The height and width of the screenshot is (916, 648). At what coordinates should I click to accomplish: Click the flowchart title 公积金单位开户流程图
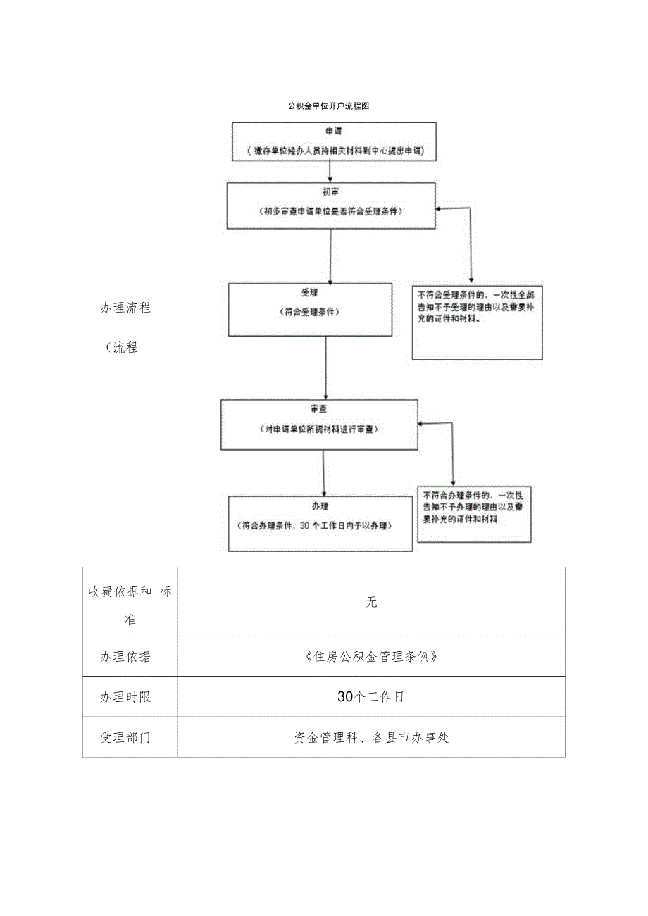click(x=328, y=107)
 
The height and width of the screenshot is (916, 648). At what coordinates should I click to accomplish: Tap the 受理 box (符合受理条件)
click(x=310, y=309)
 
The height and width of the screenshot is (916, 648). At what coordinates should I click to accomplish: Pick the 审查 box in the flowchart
click(x=319, y=425)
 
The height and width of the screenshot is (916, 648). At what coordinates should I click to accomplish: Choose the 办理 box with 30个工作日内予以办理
click(x=320, y=523)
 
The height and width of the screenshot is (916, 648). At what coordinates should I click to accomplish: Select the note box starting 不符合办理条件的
click(x=474, y=514)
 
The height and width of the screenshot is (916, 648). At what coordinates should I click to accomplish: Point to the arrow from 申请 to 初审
click(x=330, y=172)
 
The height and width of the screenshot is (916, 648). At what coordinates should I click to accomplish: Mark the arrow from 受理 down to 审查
click(x=325, y=367)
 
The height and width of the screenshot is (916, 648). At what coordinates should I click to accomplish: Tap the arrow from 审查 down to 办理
click(x=323, y=472)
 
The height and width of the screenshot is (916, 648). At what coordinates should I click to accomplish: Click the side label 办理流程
click(x=125, y=308)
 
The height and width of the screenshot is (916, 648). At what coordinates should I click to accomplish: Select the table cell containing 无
click(x=371, y=602)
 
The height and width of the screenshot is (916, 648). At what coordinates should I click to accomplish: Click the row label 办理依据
click(x=125, y=656)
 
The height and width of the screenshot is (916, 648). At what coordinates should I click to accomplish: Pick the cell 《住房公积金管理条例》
click(x=371, y=656)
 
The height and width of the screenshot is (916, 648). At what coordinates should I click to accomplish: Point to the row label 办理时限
click(x=125, y=697)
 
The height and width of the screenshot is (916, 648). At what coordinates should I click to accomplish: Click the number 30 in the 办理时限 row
click(x=344, y=697)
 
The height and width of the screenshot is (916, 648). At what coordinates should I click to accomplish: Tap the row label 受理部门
click(x=125, y=737)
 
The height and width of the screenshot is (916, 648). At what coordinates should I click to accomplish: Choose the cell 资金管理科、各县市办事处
click(x=371, y=737)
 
